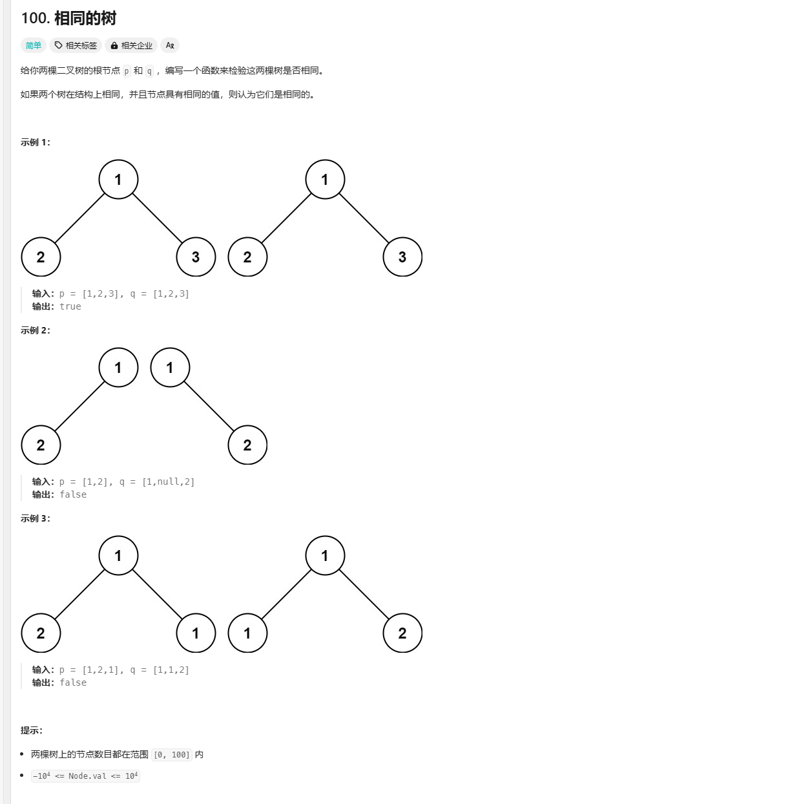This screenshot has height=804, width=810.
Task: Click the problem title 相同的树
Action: point(85,18)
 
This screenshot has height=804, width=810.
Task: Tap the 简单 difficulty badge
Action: point(34,45)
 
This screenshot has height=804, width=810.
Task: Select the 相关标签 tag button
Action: point(76,45)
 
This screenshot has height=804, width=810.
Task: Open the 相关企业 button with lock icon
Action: point(131,45)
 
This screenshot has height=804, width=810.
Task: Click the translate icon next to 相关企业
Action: point(170,45)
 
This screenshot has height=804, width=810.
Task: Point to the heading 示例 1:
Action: point(36,142)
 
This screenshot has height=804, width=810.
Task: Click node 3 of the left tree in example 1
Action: point(196,257)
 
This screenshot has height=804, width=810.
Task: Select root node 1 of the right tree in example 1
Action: point(325,180)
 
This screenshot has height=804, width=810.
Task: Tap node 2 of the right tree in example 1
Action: point(247,257)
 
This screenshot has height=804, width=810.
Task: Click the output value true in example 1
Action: point(70,306)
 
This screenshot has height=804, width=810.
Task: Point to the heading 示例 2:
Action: point(36,330)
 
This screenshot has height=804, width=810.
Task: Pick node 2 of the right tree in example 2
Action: point(247,445)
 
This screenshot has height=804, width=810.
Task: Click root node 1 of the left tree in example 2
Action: point(118,368)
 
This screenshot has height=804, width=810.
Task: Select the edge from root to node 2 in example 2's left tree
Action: point(79,407)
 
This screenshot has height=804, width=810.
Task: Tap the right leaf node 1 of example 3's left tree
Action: point(196,633)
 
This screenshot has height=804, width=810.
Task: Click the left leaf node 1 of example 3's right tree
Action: point(247,633)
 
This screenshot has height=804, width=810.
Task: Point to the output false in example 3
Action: point(73,682)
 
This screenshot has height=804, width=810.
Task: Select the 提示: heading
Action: point(32,730)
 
